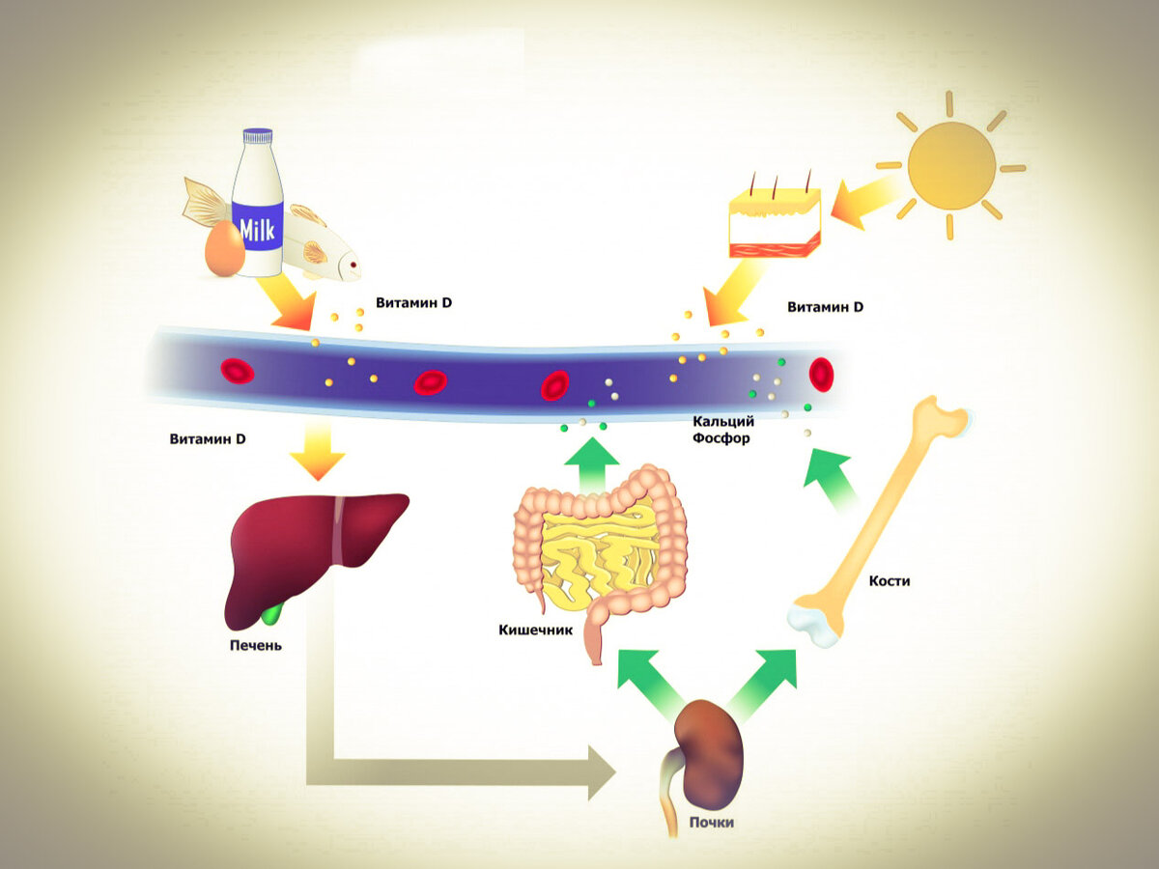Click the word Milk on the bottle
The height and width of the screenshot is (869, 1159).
258,231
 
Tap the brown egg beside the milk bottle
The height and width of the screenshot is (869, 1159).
224,248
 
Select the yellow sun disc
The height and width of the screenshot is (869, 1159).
951,165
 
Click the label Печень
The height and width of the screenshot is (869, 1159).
256,644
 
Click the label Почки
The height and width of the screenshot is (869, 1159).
712,823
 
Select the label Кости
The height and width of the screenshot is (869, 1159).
889,581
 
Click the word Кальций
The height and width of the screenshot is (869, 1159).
723,422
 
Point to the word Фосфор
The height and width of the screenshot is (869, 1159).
721,438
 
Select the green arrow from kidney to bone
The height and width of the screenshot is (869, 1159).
763,682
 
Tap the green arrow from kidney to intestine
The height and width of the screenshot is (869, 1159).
649,681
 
